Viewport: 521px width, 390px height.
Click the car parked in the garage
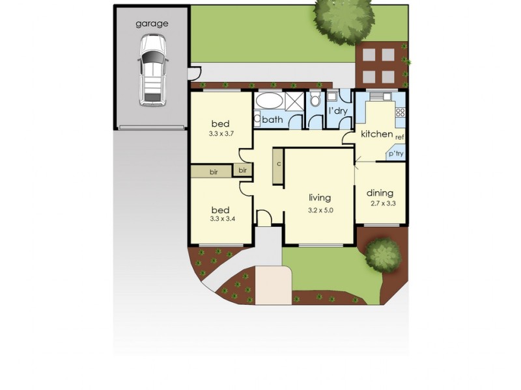pyautogui.click(x=152, y=70)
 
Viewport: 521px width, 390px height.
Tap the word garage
pyautogui.click(x=152, y=23)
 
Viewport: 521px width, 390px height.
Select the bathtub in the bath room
pyautogui.click(x=269, y=102)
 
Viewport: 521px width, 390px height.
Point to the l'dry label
pyautogui.click(x=337, y=111)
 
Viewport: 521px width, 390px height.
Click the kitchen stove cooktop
pyautogui.click(x=400, y=112)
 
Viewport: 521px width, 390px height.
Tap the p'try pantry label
pyautogui.click(x=396, y=154)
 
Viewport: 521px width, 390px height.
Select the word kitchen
pyautogui.click(x=376, y=135)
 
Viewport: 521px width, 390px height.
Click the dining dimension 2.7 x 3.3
pyautogui.click(x=382, y=203)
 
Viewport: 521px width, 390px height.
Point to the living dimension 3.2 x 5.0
pyautogui.click(x=320, y=211)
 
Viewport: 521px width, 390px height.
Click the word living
pyautogui.click(x=320, y=198)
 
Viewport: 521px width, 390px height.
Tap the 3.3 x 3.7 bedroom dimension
pyautogui.click(x=221, y=134)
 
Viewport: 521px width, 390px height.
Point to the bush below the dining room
pyautogui.click(x=382, y=253)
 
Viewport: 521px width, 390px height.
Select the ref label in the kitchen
pyautogui.click(x=399, y=138)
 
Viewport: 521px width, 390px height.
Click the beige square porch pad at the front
pyautogui.click(x=272, y=283)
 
